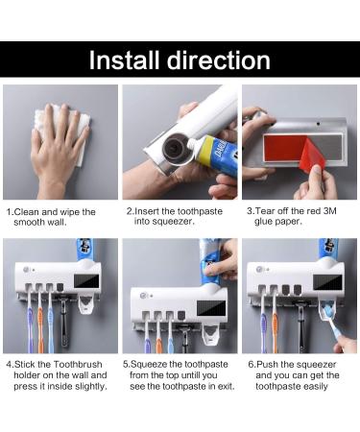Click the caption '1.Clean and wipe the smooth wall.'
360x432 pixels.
tap(53, 216)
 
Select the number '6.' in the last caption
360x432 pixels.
tap(252, 365)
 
